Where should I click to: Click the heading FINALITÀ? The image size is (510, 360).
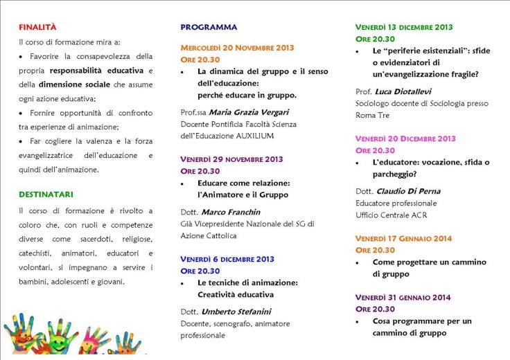(x=37, y=28)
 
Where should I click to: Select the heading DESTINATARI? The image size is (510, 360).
(x=46, y=195)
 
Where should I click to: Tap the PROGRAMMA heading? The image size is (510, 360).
(x=209, y=28)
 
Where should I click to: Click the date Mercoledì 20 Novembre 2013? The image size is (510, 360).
(x=237, y=48)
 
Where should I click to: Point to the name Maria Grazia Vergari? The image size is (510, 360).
(x=245, y=112)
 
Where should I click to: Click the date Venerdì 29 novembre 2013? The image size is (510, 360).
(x=231, y=159)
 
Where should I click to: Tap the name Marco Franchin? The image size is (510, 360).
(x=231, y=212)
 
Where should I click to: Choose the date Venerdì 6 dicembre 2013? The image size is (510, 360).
(x=227, y=259)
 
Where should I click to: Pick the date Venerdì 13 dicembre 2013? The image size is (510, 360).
(x=404, y=28)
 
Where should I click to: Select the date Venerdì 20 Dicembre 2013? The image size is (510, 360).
(x=405, y=138)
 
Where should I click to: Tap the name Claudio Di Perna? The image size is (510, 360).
(x=408, y=191)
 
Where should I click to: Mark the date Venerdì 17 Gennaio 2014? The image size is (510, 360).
(x=403, y=239)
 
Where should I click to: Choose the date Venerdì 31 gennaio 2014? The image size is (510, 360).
(x=403, y=298)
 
